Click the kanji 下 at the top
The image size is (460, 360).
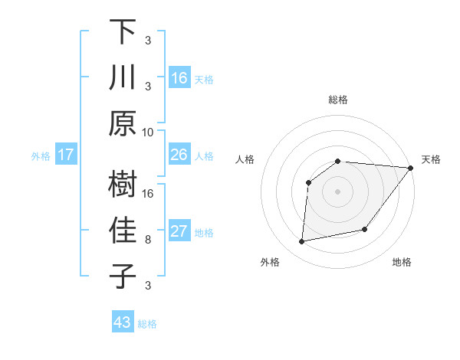point(123,32)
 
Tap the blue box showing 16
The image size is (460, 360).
point(179,77)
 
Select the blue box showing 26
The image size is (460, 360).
point(179,155)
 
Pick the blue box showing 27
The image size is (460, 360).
point(179,231)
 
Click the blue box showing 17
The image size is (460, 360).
point(66,155)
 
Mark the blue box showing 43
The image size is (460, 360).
point(123,322)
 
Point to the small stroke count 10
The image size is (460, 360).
point(148,132)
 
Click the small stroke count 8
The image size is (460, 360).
point(148,240)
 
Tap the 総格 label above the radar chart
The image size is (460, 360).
point(337,100)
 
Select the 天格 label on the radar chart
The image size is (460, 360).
point(431,159)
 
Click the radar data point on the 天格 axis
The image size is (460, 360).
point(411,168)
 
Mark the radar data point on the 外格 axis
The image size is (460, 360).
point(302,242)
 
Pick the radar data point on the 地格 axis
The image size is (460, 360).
point(365,229)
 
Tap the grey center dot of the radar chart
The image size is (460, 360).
point(337,191)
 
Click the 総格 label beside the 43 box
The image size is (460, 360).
point(147,324)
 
